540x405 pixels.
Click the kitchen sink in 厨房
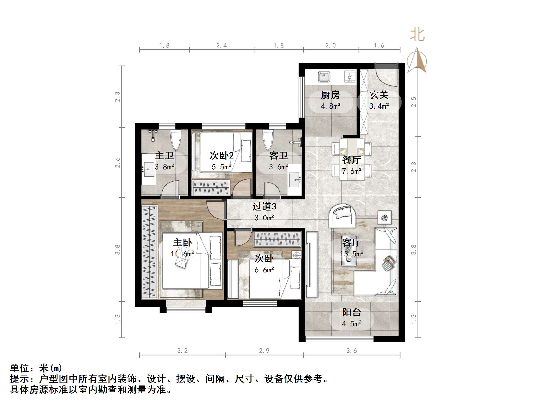click(324, 77)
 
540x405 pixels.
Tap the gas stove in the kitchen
click(350, 77)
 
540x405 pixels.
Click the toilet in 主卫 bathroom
click(176, 140)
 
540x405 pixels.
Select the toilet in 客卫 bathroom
click(268, 140)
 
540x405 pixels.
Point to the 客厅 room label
click(351, 242)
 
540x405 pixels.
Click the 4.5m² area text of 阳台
click(351, 324)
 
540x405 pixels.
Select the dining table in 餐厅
click(352, 159)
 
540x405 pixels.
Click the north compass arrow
click(417, 60)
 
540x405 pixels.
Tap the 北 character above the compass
click(417, 35)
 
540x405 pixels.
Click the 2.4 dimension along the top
click(221, 46)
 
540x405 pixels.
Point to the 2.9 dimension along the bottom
click(264, 351)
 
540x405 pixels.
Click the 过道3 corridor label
click(264, 207)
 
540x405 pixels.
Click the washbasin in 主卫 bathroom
click(148, 169)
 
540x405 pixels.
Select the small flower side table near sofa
click(384, 217)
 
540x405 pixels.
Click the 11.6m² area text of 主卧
click(182, 254)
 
